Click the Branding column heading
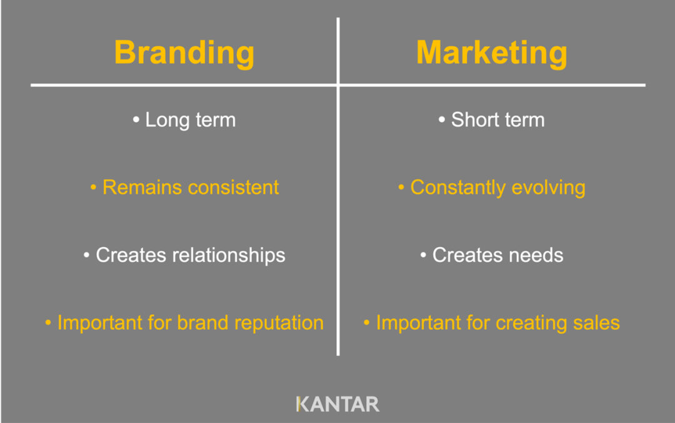184,53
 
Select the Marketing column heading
492,53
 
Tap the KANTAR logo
338,404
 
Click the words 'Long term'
190,120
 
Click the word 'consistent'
233,188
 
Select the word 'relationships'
229,255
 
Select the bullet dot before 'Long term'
136,120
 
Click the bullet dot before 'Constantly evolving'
401,188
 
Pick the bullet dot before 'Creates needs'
423,255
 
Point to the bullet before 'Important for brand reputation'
48,323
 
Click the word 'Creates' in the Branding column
131,255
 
